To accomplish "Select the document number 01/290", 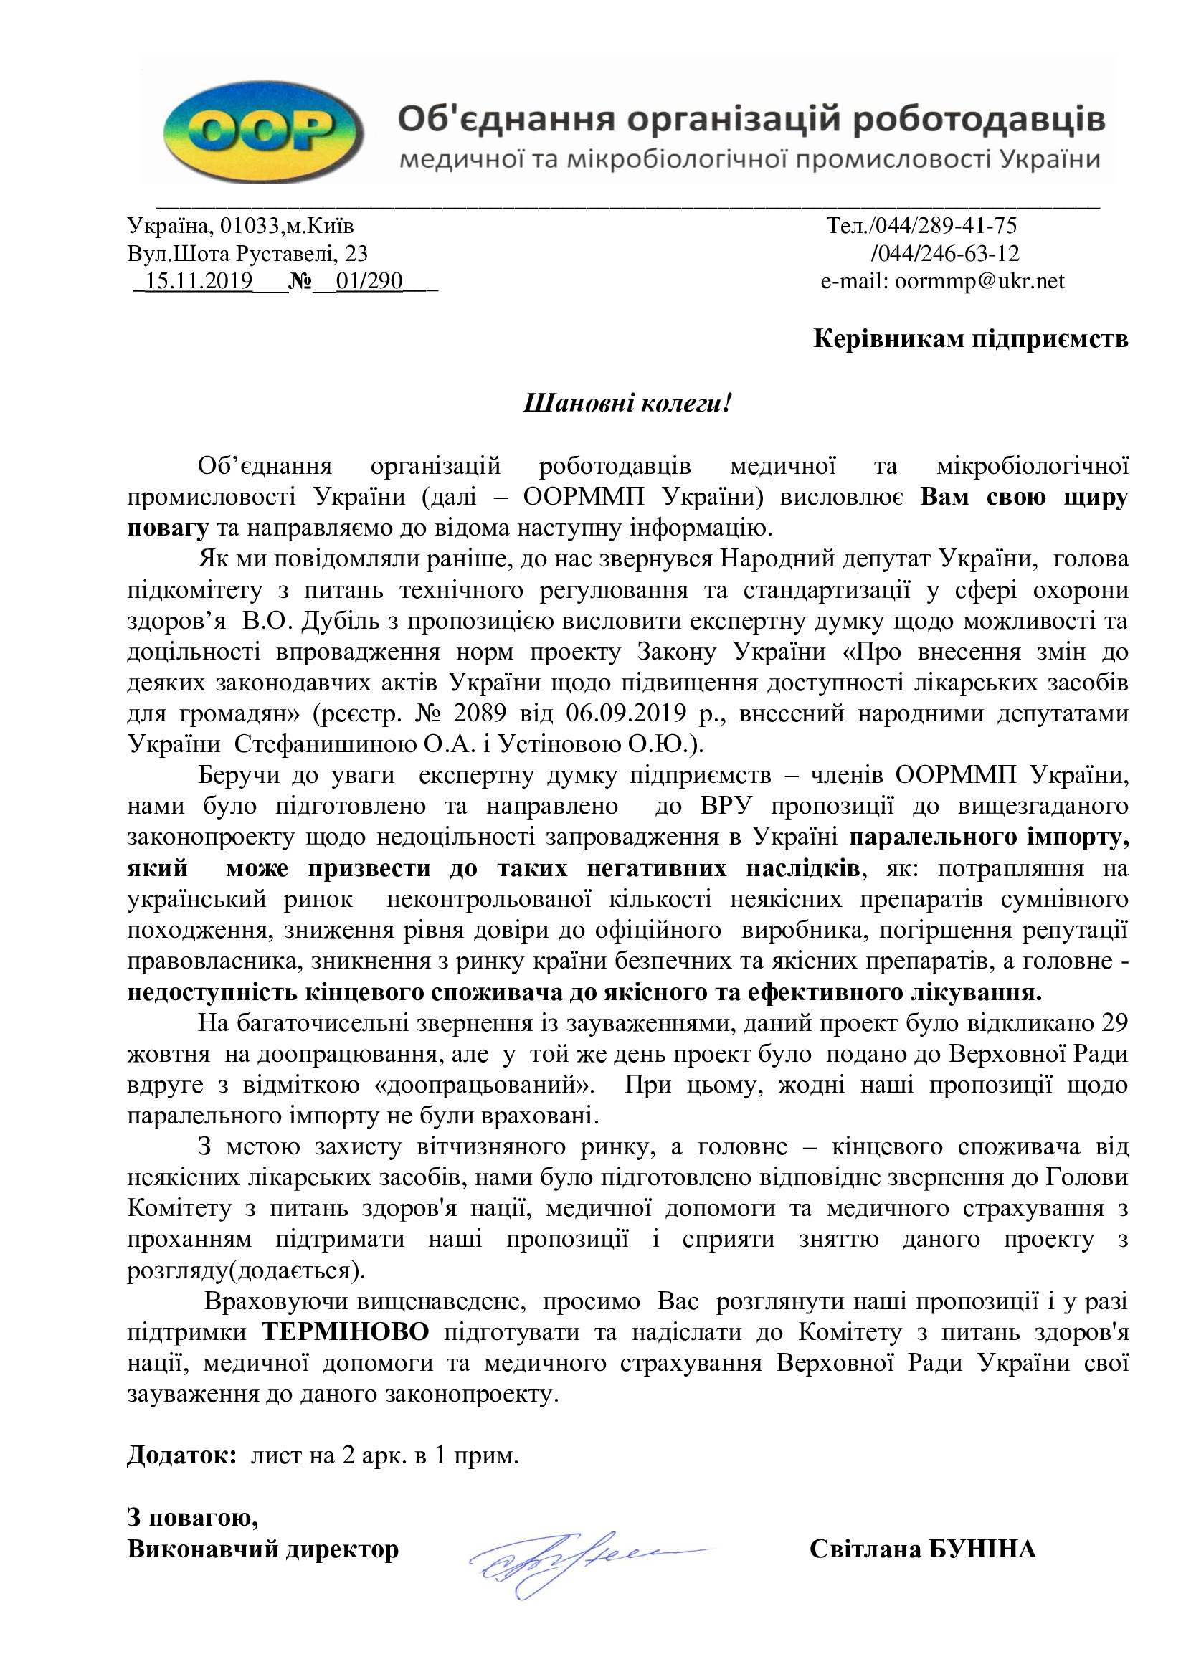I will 369,281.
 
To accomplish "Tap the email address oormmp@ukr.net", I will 979,281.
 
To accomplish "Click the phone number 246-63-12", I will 963,253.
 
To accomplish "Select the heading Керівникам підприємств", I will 971,339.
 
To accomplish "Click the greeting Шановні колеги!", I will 627,403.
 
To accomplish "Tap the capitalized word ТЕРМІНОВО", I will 346,1331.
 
